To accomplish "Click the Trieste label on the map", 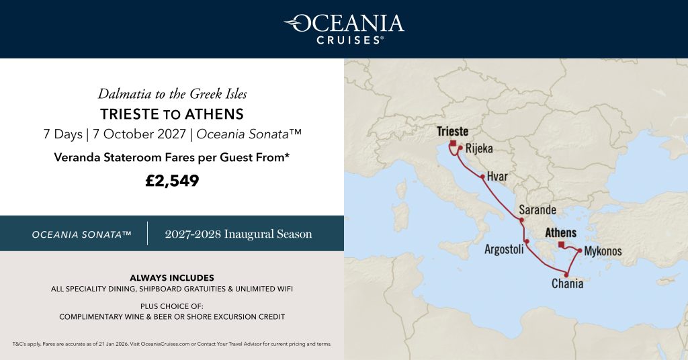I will click(x=452, y=132).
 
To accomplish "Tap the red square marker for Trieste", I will click(x=453, y=143).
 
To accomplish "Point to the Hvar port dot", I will click(x=482, y=177).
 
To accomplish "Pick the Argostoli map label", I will click(x=503, y=249).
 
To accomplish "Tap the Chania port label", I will click(x=567, y=284).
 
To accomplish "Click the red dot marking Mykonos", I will click(x=579, y=251).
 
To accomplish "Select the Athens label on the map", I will click(x=560, y=233).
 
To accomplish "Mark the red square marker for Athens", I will click(x=561, y=244).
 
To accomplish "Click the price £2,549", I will click(x=172, y=181).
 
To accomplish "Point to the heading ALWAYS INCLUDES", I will click(x=172, y=277).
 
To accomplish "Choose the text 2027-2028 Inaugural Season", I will click(x=239, y=234).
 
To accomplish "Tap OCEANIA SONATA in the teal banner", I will click(x=81, y=234).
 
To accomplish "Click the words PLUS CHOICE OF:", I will click(x=172, y=305).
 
